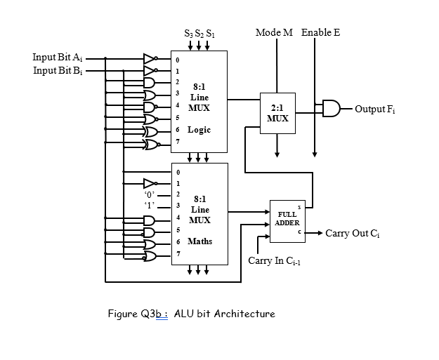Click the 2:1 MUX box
(277, 114)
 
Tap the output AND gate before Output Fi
(330, 109)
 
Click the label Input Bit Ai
(58, 57)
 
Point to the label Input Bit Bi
(58, 71)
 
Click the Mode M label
(274, 33)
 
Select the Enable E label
(320, 33)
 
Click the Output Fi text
(375, 109)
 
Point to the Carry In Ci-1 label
(275, 261)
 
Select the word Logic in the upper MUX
(199, 131)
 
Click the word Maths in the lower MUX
(199, 241)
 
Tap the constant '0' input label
(150, 193)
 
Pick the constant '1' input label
(150, 205)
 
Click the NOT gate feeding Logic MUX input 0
(150, 58)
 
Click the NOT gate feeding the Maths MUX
(150, 181)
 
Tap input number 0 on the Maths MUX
(178, 171)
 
